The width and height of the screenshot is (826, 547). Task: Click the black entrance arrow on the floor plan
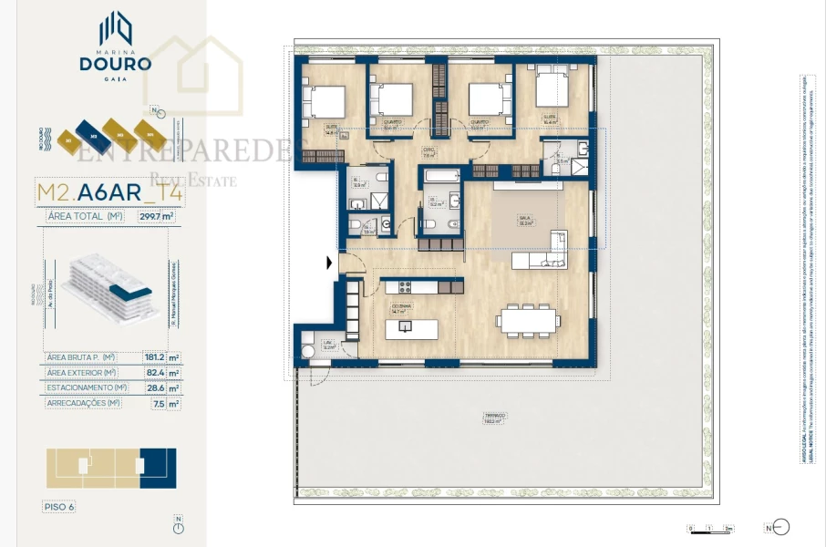[329, 263]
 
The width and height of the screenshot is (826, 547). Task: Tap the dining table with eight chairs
[527, 320]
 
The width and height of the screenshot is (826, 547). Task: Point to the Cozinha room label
[402, 307]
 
